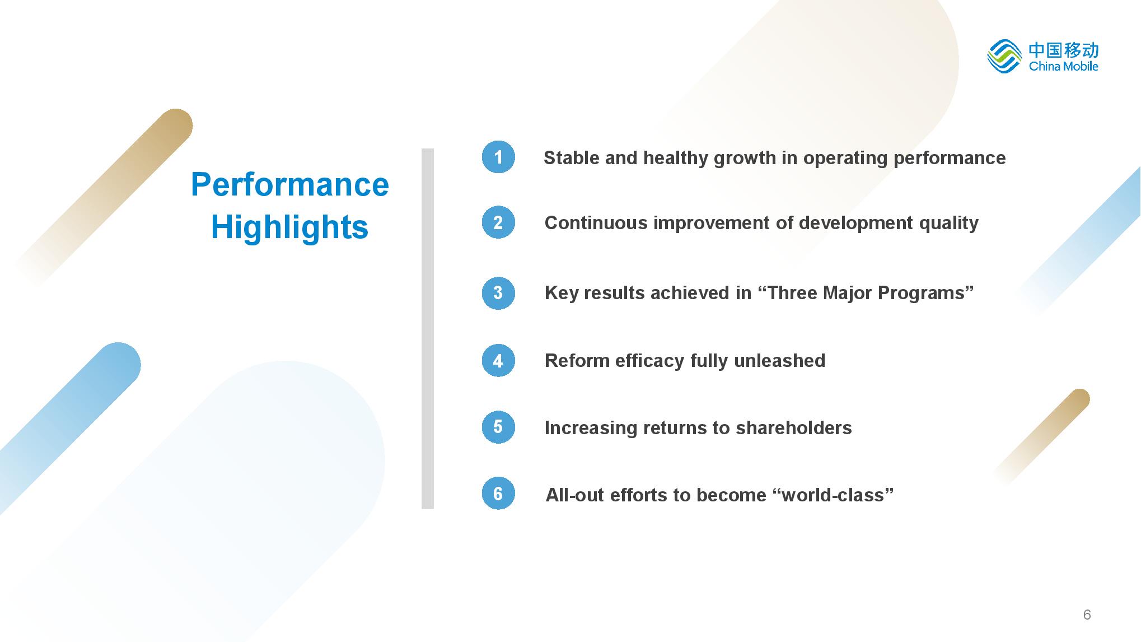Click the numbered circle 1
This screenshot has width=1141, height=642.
[498, 157]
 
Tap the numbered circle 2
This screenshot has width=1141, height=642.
[498, 222]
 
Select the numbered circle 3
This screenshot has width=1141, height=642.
[498, 292]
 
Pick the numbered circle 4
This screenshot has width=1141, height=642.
[498, 360]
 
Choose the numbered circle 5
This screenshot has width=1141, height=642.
[498, 427]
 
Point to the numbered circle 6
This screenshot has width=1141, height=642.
[498, 494]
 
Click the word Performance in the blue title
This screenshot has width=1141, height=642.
[289, 184]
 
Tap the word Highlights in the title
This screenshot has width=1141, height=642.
[289, 227]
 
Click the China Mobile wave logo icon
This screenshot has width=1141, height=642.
[1004, 56]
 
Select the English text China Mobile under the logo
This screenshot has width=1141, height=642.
[1063, 66]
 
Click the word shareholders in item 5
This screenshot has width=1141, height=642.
[793, 427]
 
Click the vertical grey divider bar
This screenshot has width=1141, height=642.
[428, 329]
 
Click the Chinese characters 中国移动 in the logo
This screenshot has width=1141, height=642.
[1064, 50]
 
